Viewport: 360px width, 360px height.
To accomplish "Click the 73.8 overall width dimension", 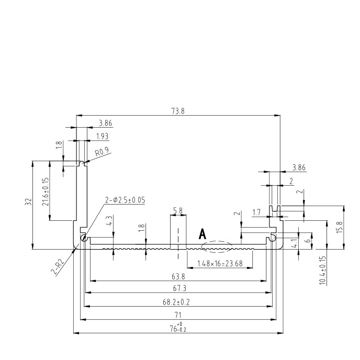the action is pyautogui.click(x=178, y=111).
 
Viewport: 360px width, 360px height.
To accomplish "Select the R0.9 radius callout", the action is pyautogui.click(x=102, y=152).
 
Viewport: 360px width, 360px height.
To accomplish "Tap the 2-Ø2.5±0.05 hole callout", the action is pyautogui.click(x=125, y=200).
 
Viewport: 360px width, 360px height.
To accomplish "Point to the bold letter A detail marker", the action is pyautogui.click(x=203, y=234).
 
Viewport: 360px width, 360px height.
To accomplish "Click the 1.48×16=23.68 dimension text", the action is pyautogui.click(x=220, y=263).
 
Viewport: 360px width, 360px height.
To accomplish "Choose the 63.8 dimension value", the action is pyautogui.click(x=178, y=277).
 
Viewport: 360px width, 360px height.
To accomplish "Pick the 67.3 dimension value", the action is pyautogui.click(x=179, y=288).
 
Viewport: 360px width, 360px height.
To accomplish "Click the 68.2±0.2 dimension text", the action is pyautogui.click(x=176, y=302).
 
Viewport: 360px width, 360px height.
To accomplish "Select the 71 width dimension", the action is pyautogui.click(x=178, y=315).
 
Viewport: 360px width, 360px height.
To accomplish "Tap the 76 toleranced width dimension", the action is pyautogui.click(x=178, y=328).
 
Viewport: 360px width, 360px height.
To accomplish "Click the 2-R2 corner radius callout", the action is pyautogui.click(x=58, y=267).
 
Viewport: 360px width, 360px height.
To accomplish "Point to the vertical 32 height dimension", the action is pyautogui.click(x=28, y=202).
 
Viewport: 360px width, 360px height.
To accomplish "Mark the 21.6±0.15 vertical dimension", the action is pyautogui.click(x=46, y=192).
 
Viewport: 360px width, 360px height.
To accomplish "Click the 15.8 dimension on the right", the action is pyautogui.click(x=340, y=227).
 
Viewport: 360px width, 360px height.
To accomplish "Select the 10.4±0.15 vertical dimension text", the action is pyautogui.click(x=322, y=271).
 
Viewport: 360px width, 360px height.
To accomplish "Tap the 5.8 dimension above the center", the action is pyautogui.click(x=178, y=210).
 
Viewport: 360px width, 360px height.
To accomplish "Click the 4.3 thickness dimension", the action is pyautogui.click(x=110, y=220).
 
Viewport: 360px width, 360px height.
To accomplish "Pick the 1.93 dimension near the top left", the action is pyautogui.click(x=102, y=137).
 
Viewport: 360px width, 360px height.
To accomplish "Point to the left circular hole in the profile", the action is pyautogui.click(x=84, y=238).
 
